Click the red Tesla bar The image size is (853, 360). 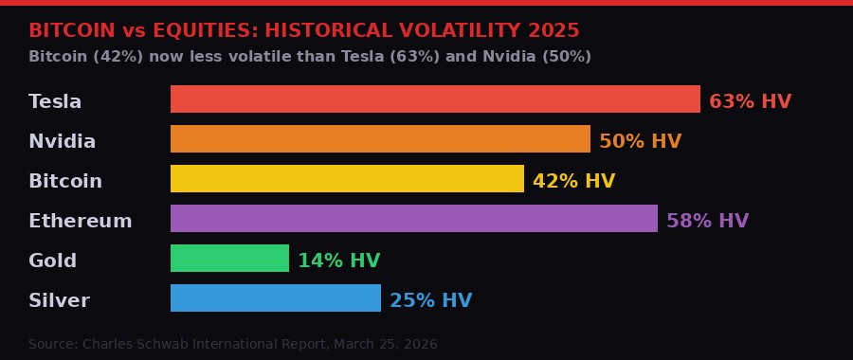[x=435, y=99]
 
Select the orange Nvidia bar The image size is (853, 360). [x=380, y=139]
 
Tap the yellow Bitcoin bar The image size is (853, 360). [x=347, y=179]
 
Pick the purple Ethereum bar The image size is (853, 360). [x=414, y=219]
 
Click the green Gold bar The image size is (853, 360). [x=229, y=259]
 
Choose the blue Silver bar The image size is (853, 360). [x=276, y=298]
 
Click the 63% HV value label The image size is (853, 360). [x=750, y=101]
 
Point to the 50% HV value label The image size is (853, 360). [x=640, y=141]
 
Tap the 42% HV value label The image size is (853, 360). [x=573, y=181]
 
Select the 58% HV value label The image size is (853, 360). [x=707, y=221]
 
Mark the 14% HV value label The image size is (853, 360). [x=338, y=261]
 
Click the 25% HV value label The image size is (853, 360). [x=430, y=300]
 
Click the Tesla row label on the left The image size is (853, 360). [x=55, y=101]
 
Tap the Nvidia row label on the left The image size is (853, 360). [x=62, y=141]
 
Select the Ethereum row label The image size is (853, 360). [x=81, y=221]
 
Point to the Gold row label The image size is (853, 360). [x=52, y=261]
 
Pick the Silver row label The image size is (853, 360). [x=59, y=300]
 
